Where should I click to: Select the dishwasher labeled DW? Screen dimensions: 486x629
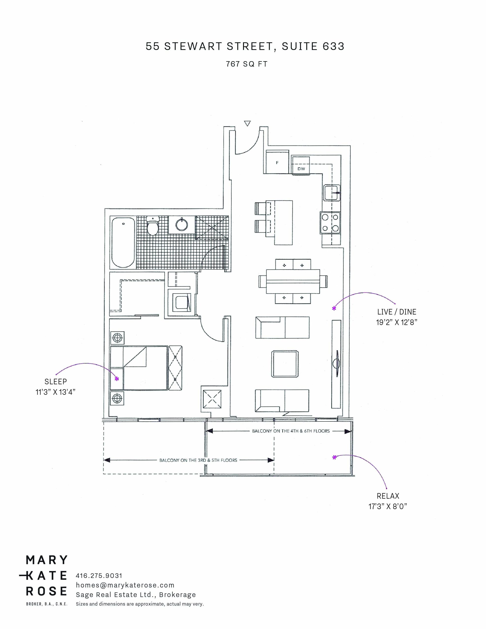(300, 165)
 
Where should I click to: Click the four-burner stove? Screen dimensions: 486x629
(330, 223)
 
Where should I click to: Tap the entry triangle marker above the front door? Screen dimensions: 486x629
(247, 123)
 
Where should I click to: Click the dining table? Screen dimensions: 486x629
(293, 281)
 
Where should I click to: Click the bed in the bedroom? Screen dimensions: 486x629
(139, 368)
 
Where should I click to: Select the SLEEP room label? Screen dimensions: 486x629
(56, 382)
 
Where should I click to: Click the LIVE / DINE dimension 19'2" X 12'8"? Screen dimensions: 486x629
(397, 322)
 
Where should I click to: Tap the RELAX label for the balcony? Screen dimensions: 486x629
(388, 496)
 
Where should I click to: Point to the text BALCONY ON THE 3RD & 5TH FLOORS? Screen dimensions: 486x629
(198, 460)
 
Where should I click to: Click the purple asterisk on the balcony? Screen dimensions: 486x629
(334, 457)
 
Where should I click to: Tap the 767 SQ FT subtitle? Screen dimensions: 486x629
(247, 64)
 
